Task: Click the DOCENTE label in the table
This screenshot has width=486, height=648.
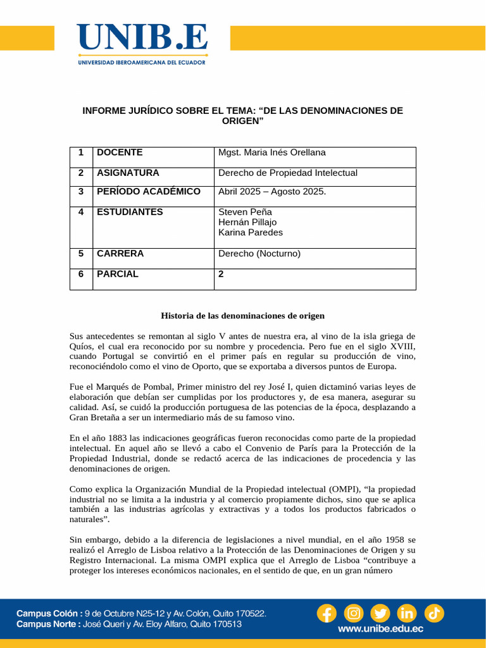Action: point(120,153)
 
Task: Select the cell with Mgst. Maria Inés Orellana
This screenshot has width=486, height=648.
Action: point(272,153)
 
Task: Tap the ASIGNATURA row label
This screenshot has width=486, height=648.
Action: point(128,173)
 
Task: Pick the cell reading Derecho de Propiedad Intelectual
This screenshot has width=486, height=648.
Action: point(288,173)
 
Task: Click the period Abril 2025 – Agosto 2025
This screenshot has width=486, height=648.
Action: point(272,192)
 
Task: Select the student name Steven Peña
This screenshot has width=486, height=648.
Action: point(245,212)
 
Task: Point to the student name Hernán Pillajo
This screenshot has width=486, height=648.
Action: point(247,222)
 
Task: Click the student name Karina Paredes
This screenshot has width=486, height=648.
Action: point(251,232)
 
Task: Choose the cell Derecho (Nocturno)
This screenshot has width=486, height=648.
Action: point(259,254)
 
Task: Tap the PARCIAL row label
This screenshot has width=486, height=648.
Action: point(118,274)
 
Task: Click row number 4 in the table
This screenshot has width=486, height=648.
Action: point(81,212)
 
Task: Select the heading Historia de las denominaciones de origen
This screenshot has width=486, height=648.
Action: point(242,315)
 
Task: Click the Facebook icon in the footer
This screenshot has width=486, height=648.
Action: point(327,613)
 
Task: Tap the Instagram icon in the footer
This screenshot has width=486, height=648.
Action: point(354,613)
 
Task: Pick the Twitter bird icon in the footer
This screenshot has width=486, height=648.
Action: point(380,613)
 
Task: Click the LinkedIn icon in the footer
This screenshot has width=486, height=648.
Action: point(407,613)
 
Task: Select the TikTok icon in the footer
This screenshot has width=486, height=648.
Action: point(434,613)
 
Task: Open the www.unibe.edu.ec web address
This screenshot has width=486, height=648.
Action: point(380,629)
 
